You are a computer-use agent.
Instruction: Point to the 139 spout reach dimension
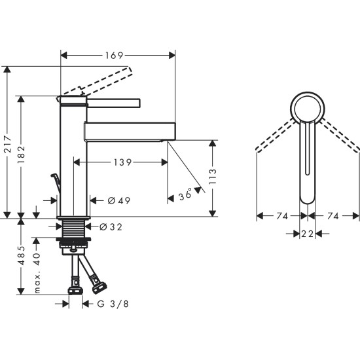(x=122, y=162)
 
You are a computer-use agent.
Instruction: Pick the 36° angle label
(x=186, y=194)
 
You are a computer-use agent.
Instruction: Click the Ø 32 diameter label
(x=111, y=227)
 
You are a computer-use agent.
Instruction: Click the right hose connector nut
(x=99, y=286)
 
